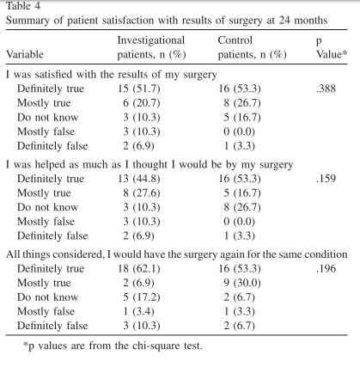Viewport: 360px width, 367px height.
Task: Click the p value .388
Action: [x=326, y=89]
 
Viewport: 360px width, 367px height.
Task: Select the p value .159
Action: [x=326, y=179]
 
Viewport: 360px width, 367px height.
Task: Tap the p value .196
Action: [x=326, y=268]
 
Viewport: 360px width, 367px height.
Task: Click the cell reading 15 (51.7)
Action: [x=139, y=89]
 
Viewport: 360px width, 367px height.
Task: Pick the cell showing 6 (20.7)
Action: [x=142, y=103]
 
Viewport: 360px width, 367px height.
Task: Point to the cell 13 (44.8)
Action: [x=139, y=179]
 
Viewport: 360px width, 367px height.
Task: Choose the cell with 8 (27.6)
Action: [x=142, y=193]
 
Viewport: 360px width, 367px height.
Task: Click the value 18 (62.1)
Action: [x=139, y=269]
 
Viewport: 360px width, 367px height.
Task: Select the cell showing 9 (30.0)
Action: [x=242, y=283]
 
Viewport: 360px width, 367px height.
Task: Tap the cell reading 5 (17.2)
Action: [x=142, y=297]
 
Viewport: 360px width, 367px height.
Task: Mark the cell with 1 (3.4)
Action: [x=138, y=312]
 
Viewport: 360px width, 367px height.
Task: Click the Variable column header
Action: [x=25, y=54]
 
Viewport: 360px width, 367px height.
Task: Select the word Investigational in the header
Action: [x=151, y=40]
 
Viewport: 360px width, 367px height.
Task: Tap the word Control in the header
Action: [x=235, y=40]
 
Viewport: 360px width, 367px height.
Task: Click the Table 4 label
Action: [x=23, y=6]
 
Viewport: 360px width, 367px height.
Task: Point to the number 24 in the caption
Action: [x=284, y=21]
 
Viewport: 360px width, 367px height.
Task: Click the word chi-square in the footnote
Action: [x=156, y=346]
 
